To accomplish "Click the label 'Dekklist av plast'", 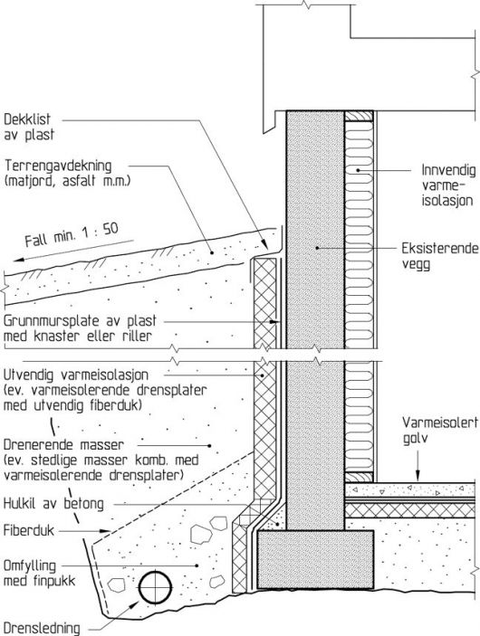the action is (x=29, y=127).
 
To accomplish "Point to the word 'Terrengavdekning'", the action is (x=58, y=166).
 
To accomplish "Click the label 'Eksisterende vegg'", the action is (x=440, y=255).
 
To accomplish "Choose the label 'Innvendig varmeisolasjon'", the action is (x=448, y=185).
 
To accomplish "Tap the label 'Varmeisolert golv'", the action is (x=440, y=431).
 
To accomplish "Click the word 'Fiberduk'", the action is (x=28, y=530).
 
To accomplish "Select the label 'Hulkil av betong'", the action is (x=53, y=503).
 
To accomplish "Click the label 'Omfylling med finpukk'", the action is (x=39, y=573).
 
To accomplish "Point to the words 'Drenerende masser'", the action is (x=63, y=444).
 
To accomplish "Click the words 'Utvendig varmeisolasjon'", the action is (x=76, y=375).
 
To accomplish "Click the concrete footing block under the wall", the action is (x=315, y=559).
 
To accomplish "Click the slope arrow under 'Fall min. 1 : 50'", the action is (x=73, y=251).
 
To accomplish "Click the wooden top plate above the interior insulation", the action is (x=359, y=116).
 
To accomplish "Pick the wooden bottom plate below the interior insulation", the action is (x=359, y=478).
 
